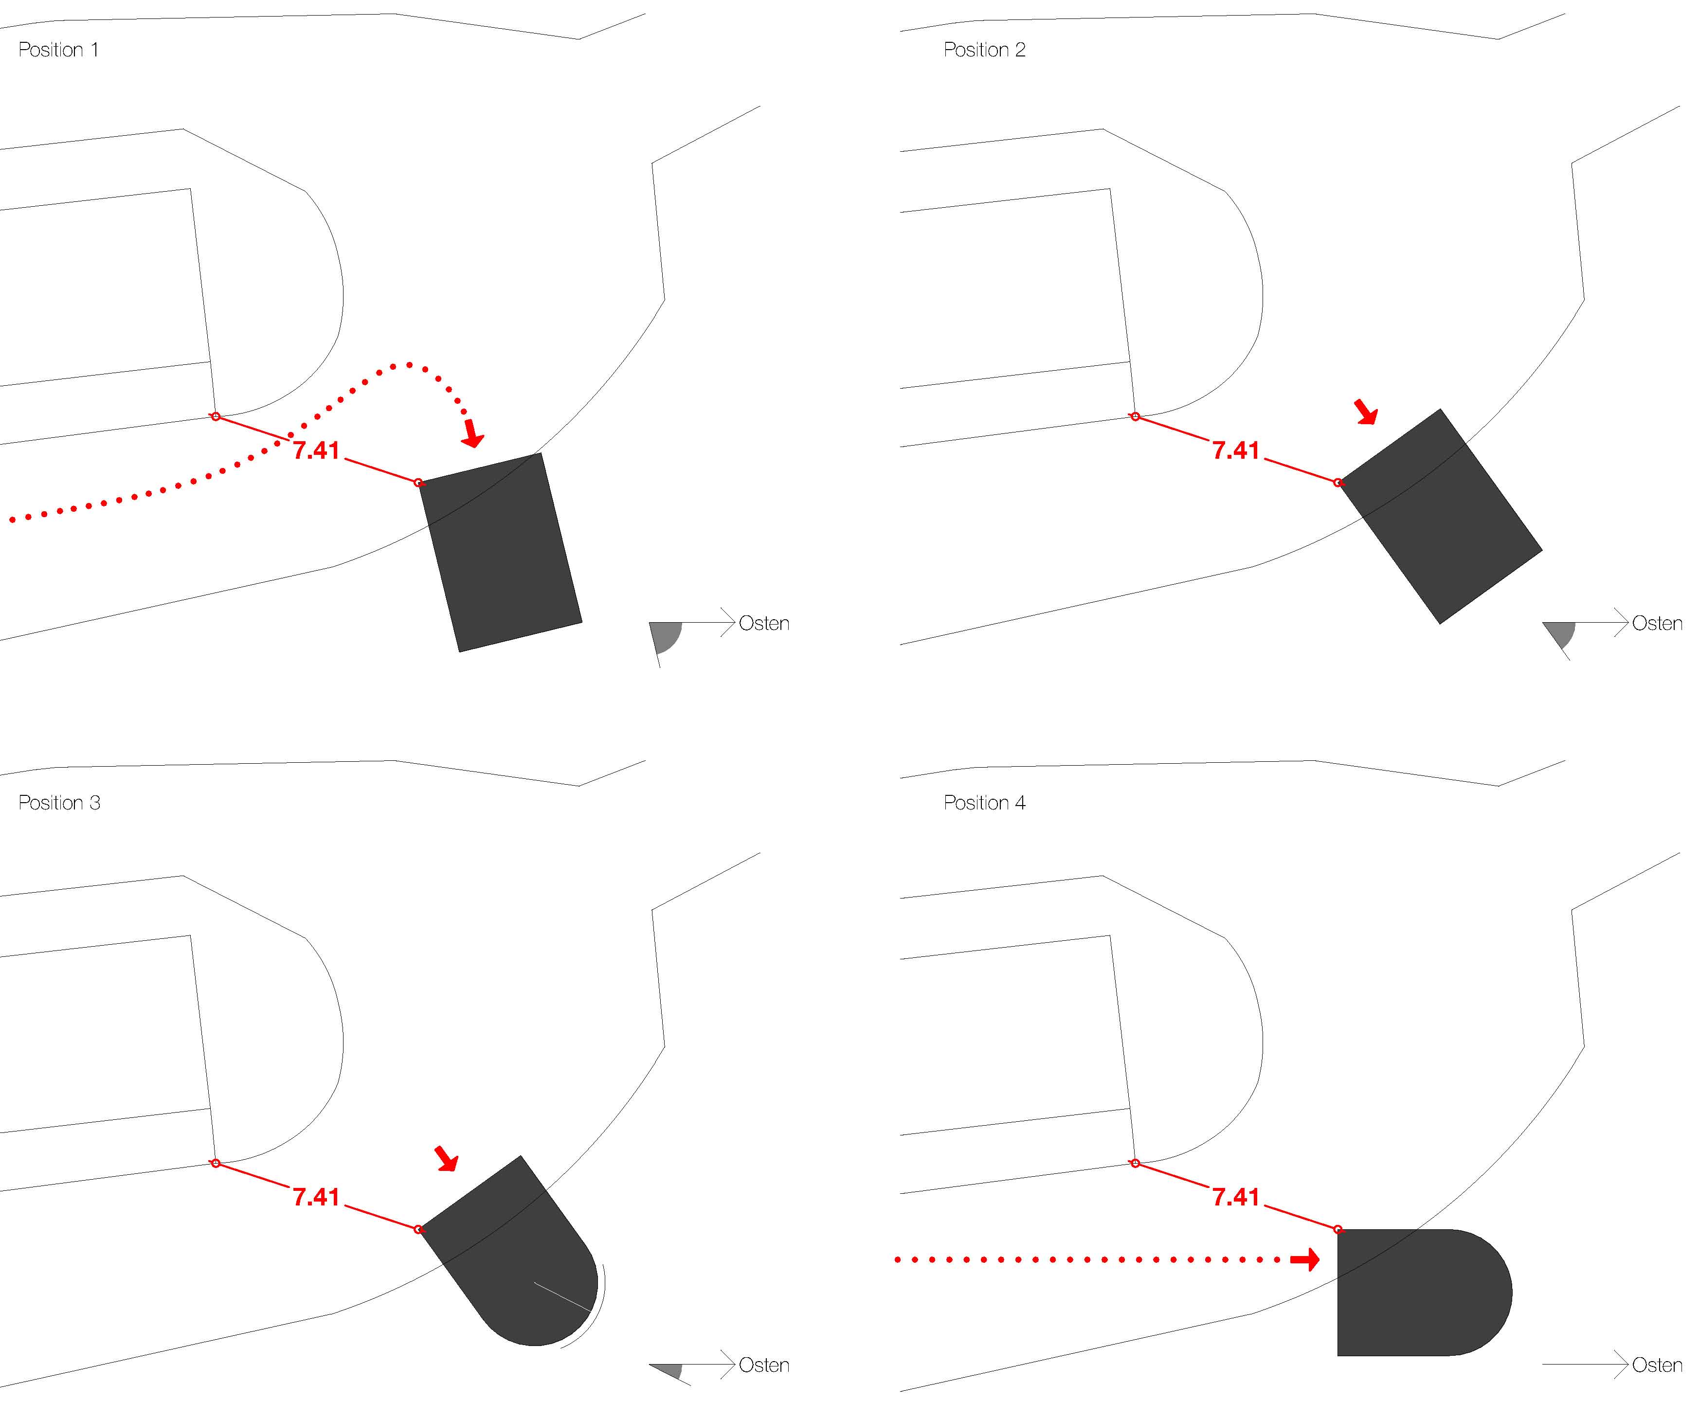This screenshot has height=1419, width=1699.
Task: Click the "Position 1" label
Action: click(x=58, y=50)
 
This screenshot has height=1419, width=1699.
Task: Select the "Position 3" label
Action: click(x=59, y=803)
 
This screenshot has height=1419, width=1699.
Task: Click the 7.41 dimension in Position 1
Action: click(x=316, y=450)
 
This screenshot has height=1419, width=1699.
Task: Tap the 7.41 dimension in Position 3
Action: click(x=316, y=1197)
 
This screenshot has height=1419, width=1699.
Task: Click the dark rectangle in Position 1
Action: click(x=500, y=553)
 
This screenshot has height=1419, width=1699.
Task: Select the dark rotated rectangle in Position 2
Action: click(x=1440, y=516)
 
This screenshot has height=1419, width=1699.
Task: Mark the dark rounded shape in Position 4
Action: click(x=1424, y=1292)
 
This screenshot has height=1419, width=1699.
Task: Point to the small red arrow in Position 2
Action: click(x=1367, y=412)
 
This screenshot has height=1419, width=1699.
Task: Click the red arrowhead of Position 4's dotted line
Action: click(x=1305, y=1259)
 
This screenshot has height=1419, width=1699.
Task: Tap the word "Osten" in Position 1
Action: click(x=764, y=624)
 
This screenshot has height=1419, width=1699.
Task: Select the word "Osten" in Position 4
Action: click(x=1657, y=1365)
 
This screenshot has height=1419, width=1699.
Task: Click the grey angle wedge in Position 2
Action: click(x=1561, y=633)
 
